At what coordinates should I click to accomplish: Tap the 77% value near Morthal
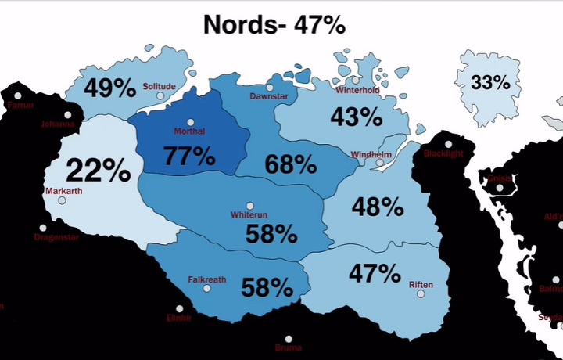(x=189, y=156)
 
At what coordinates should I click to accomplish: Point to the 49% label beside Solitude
(x=111, y=88)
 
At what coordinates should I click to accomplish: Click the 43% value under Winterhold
(x=356, y=117)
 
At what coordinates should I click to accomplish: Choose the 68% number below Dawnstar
(x=290, y=165)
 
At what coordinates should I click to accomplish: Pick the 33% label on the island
(x=490, y=82)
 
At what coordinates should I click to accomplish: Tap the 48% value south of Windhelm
(x=377, y=207)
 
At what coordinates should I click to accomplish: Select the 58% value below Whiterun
(x=271, y=233)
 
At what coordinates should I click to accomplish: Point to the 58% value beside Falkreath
(x=267, y=287)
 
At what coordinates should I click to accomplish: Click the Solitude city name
(x=159, y=87)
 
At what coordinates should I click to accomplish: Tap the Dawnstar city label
(x=269, y=96)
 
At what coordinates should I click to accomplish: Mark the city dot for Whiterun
(x=250, y=206)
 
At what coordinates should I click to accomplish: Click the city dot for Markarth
(x=62, y=200)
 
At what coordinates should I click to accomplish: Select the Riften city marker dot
(x=421, y=294)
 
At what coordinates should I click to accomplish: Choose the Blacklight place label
(x=443, y=153)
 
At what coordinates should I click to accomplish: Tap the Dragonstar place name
(x=56, y=237)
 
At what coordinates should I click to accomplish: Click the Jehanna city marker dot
(x=68, y=115)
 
